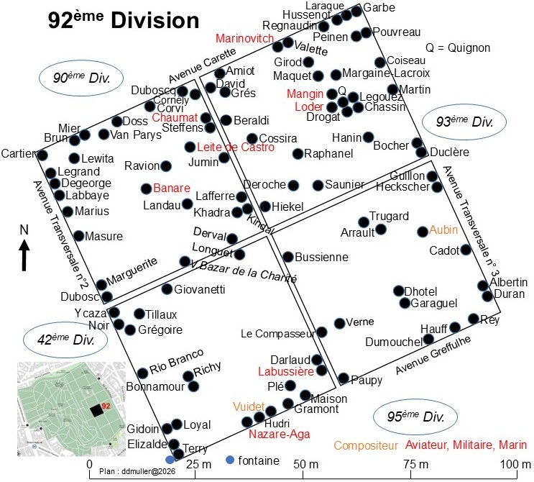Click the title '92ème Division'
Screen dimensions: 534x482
pyautogui.click(x=124, y=19)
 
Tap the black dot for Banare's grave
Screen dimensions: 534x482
pyautogui.click(x=147, y=188)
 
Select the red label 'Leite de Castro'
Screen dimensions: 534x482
pyautogui.click(x=236, y=147)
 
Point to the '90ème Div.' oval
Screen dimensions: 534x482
pyautogui.click(x=81, y=78)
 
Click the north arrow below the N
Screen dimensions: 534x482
pyautogui.click(x=24, y=255)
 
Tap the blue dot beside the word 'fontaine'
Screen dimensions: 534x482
pyautogui.click(x=230, y=460)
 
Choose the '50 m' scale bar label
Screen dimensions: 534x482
pyautogui.click(x=306, y=464)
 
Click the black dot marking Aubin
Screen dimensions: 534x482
pyautogui.click(x=423, y=232)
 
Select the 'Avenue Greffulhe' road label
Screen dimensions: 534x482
pyautogui.click(x=433, y=355)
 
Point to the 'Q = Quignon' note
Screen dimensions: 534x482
pyautogui.click(x=458, y=47)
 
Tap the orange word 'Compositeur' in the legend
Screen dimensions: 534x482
pyautogui.click(x=366, y=445)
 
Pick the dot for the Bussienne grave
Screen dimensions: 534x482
pyautogui.click(x=288, y=257)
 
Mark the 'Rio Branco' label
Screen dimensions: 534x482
pyautogui.click(x=176, y=361)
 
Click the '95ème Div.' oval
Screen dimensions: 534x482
pyautogui.click(x=415, y=417)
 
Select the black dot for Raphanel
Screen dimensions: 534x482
pyautogui.click(x=298, y=154)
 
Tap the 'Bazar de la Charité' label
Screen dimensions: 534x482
pyautogui.click(x=248, y=272)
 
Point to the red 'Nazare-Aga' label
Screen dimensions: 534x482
pyautogui.click(x=280, y=435)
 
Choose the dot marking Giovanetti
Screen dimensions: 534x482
pyautogui.click(x=167, y=289)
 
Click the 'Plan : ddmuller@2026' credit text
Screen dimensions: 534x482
pyautogui.click(x=137, y=471)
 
